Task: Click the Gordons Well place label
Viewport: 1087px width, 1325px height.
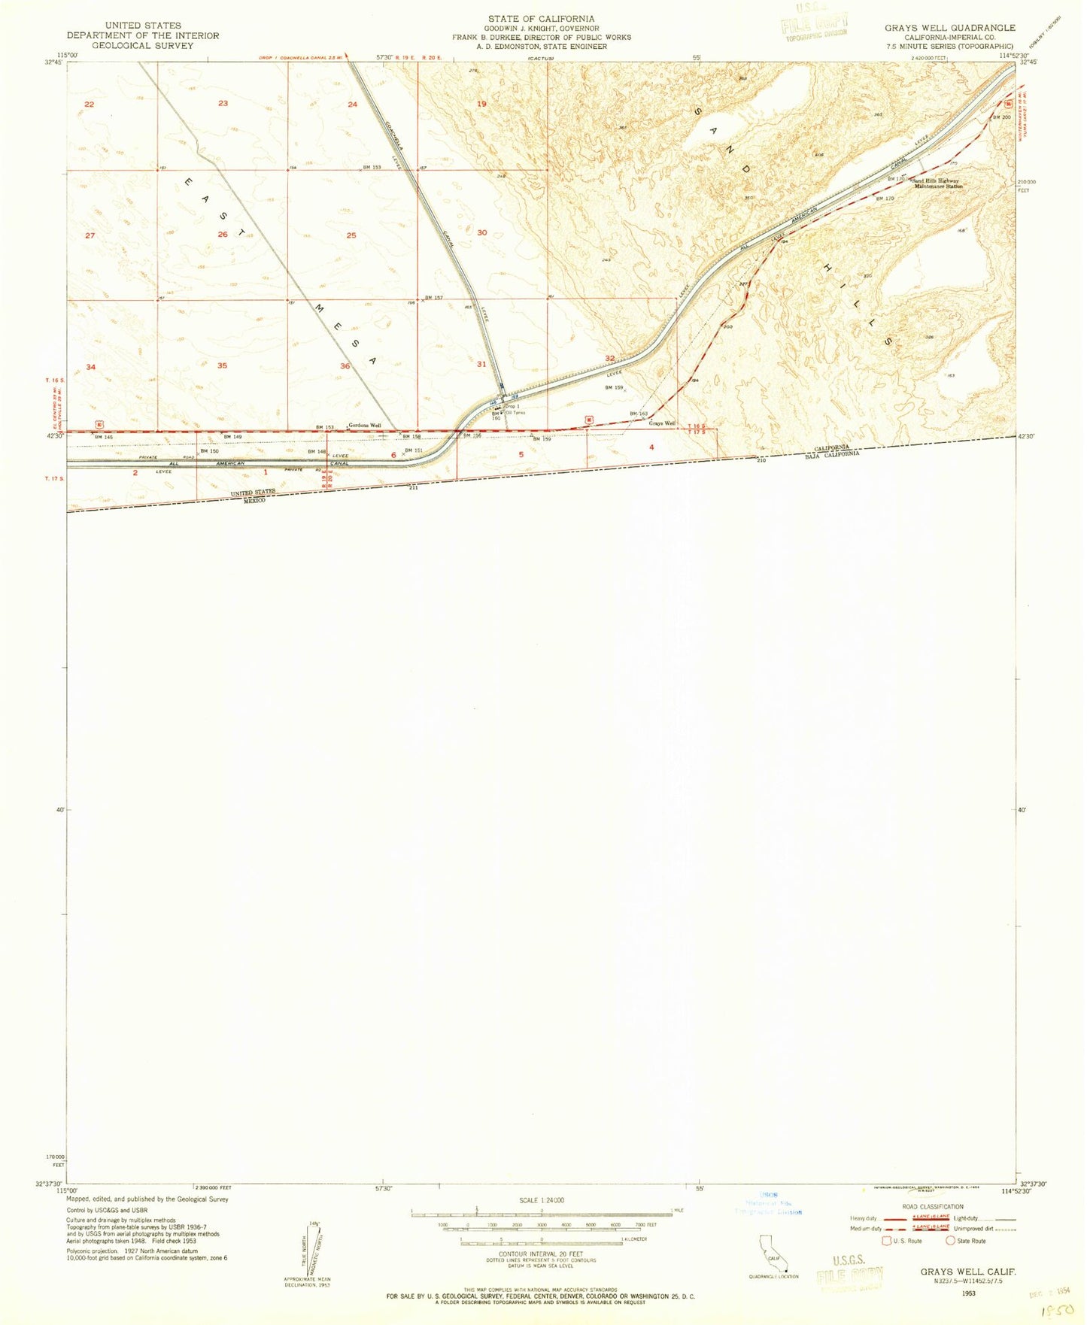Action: pyautogui.click(x=365, y=426)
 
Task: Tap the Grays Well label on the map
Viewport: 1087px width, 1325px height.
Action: pyautogui.click(x=662, y=423)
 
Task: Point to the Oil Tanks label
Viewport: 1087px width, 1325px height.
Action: pyautogui.click(x=515, y=413)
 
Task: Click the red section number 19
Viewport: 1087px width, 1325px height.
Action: pyautogui.click(x=482, y=104)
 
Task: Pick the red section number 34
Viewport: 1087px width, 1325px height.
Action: pyautogui.click(x=91, y=367)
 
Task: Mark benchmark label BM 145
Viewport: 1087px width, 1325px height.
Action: pyautogui.click(x=103, y=437)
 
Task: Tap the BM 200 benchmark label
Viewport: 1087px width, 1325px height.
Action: pyautogui.click(x=1001, y=117)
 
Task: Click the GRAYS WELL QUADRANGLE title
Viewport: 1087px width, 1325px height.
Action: pyautogui.click(x=949, y=28)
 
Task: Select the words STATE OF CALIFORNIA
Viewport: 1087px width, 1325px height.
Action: pyautogui.click(x=541, y=19)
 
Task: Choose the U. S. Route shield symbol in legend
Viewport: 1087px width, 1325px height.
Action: pyautogui.click(x=887, y=1241)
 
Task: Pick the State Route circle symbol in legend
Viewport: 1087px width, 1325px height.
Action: pyautogui.click(x=951, y=1241)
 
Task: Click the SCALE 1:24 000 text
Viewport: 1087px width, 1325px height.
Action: pyautogui.click(x=541, y=1200)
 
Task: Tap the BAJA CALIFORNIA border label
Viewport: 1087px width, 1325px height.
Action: pyautogui.click(x=832, y=454)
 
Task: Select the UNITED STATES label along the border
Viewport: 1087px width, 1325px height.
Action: pyautogui.click(x=253, y=493)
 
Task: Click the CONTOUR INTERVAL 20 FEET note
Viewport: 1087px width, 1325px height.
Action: pyautogui.click(x=541, y=1254)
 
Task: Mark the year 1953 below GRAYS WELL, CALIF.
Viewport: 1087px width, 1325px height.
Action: pyautogui.click(x=968, y=1293)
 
